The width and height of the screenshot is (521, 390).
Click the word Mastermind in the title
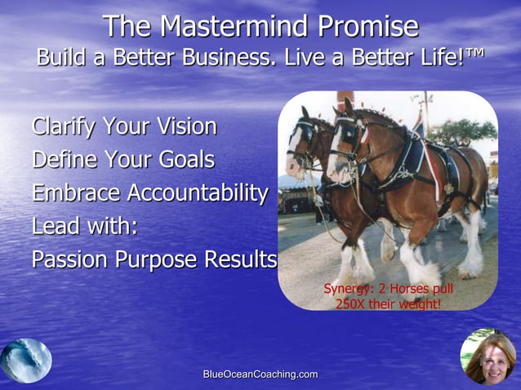coord(237,26)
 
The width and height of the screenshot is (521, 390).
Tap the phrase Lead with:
coord(84,226)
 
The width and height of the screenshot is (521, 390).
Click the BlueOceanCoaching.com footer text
coord(260,374)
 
